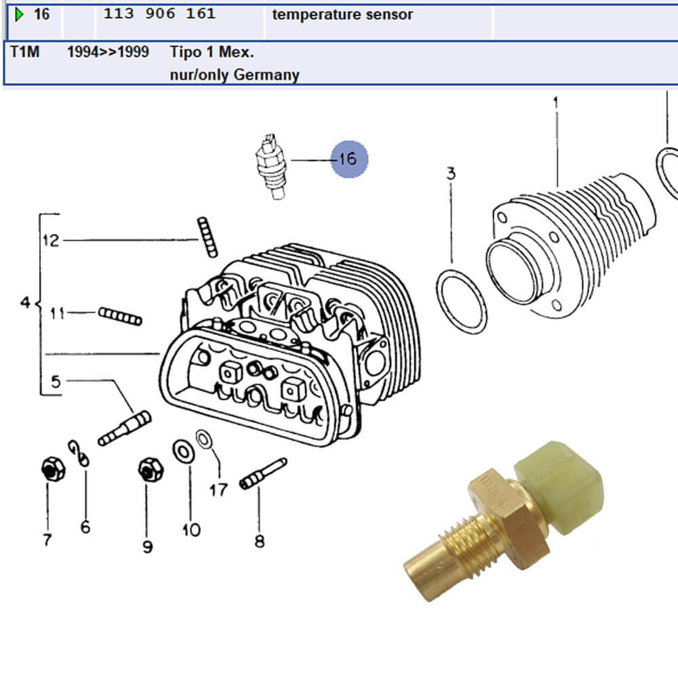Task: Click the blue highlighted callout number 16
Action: (349, 159)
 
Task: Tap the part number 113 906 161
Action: (159, 14)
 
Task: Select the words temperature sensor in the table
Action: (342, 14)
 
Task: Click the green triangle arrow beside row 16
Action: (19, 15)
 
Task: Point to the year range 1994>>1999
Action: (108, 52)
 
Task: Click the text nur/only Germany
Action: (235, 75)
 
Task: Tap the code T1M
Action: (24, 52)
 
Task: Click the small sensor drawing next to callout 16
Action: (272, 167)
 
